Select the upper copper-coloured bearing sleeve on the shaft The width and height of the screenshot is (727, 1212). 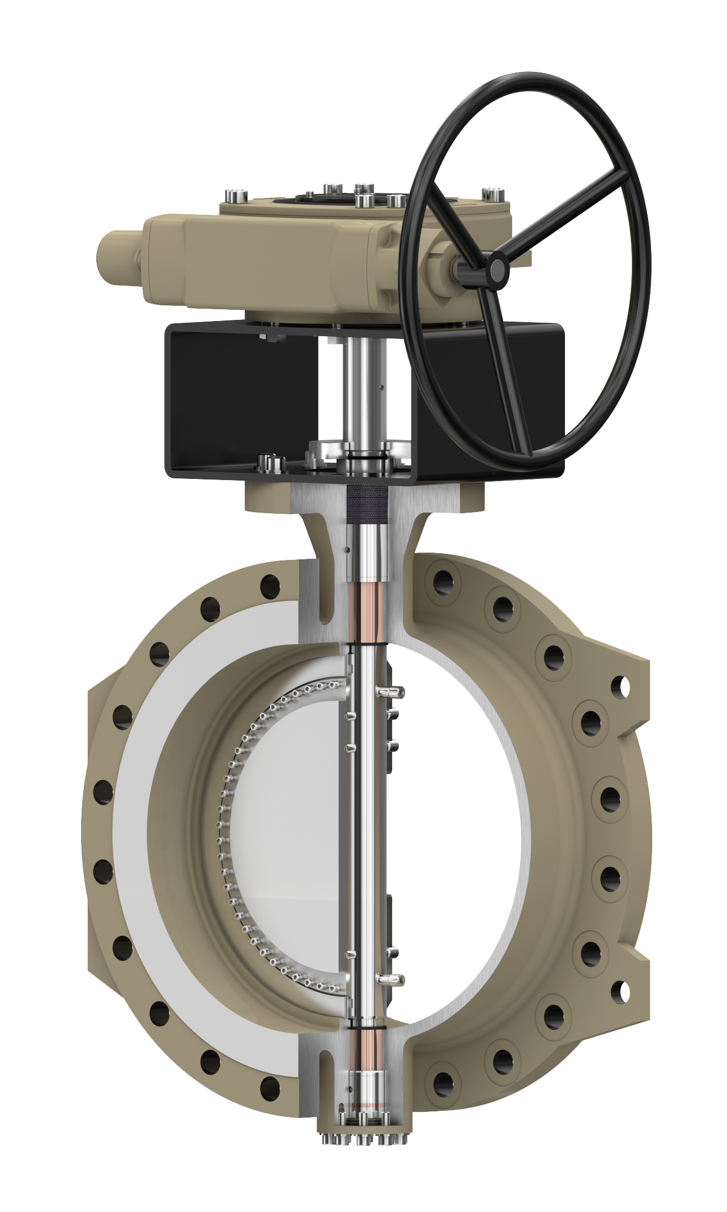368,613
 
